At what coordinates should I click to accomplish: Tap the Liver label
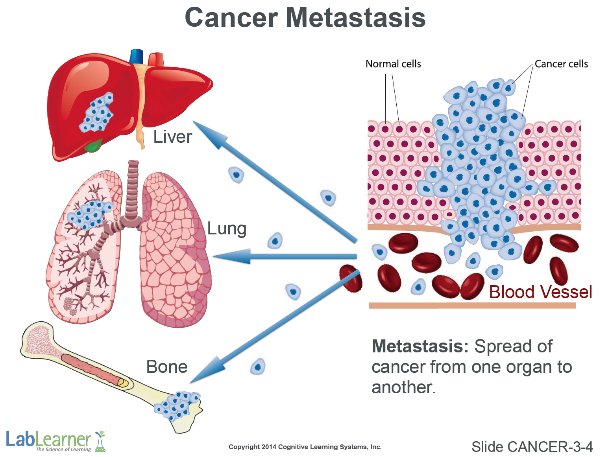click(172, 137)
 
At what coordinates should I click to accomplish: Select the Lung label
click(227, 228)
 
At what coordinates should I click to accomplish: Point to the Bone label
click(167, 367)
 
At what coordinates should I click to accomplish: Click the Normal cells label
click(393, 64)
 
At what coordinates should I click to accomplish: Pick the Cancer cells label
click(561, 64)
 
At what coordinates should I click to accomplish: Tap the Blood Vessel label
click(540, 292)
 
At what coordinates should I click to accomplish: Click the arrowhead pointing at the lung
click(230, 256)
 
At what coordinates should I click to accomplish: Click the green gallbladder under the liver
click(93, 146)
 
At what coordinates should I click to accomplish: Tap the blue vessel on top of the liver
click(136, 56)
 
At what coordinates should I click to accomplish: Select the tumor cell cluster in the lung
click(89, 214)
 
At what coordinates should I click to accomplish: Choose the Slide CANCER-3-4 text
click(532, 447)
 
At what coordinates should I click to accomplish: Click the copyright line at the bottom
click(305, 447)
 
